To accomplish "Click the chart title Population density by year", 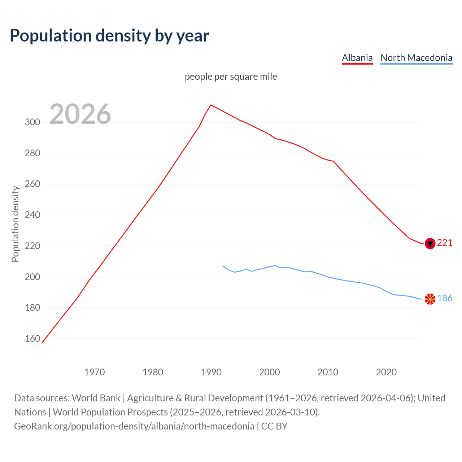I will (109, 36).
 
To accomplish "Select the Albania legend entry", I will (357, 58).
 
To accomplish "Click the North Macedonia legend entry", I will (416, 58).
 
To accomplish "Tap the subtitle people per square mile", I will (231, 77).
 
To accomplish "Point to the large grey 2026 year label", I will (80, 114).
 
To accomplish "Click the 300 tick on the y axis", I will (32, 122).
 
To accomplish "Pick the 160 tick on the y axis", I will (32, 339).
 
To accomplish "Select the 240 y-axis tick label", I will (32, 215).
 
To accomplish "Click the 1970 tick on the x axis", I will (95, 372).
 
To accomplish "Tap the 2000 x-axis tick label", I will (270, 372).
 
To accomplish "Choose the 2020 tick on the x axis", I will (386, 372).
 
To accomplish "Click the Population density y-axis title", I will (15, 224).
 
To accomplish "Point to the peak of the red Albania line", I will (211, 105).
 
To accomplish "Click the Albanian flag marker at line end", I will (430, 244).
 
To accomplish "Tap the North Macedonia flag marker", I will (430, 299).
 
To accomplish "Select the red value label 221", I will (445, 243).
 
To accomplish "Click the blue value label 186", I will (445, 298).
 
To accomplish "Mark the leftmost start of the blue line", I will (223, 266).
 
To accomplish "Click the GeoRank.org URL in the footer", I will (134, 426).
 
